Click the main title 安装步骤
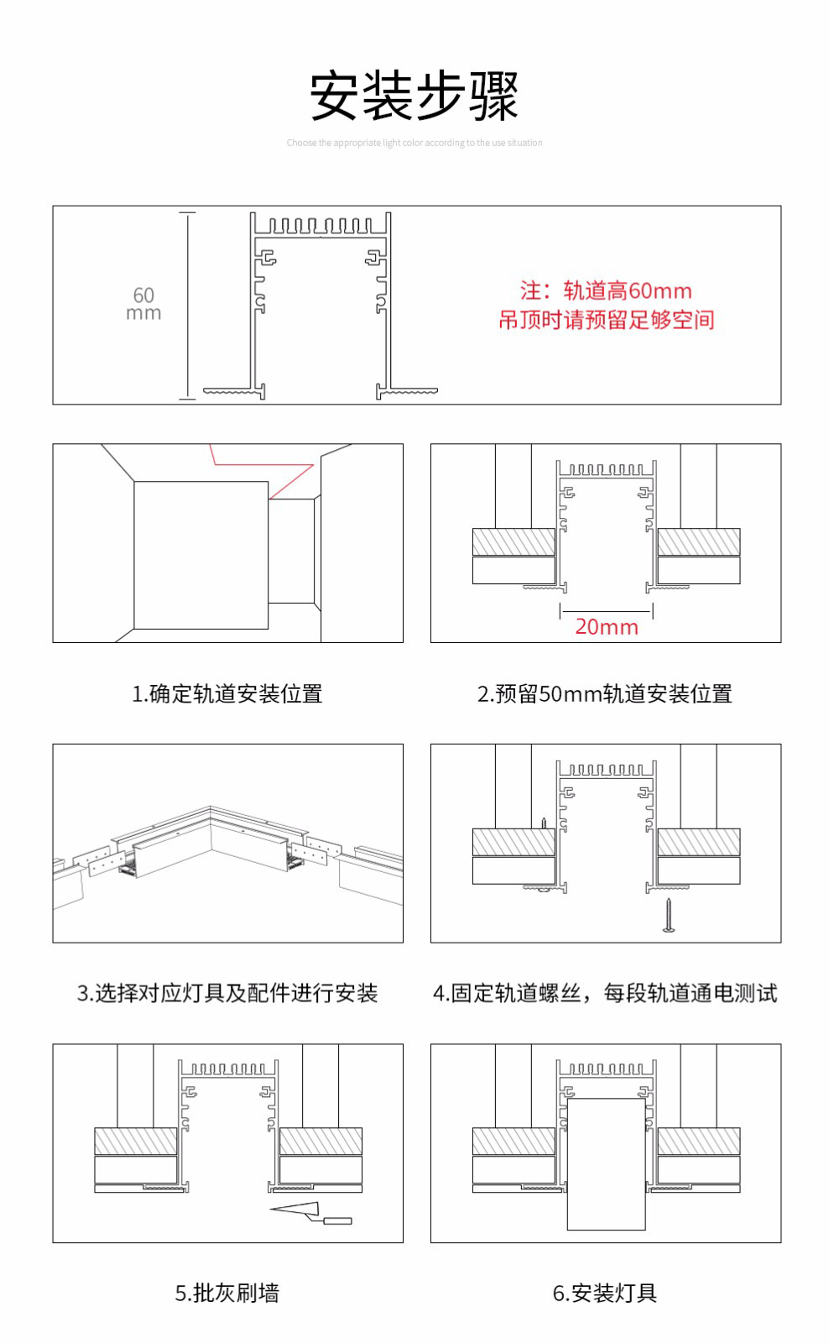(414, 96)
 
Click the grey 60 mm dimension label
(143, 304)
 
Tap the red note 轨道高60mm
(606, 291)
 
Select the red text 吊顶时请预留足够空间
(606, 320)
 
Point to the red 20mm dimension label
(606, 627)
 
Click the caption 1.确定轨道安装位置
(227, 694)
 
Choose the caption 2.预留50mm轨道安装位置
(605, 694)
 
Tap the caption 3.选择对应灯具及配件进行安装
(227, 994)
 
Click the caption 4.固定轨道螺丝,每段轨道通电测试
(605, 994)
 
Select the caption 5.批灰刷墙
(227, 1293)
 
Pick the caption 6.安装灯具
(605, 1293)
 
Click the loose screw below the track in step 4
(669, 916)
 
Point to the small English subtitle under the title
(414, 143)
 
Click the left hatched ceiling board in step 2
(514, 542)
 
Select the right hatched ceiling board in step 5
(321, 1142)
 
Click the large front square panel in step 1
(201, 555)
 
